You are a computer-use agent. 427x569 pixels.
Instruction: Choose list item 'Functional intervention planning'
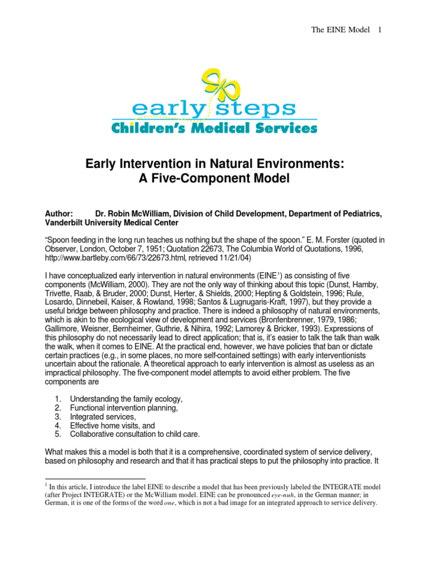(123, 408)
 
